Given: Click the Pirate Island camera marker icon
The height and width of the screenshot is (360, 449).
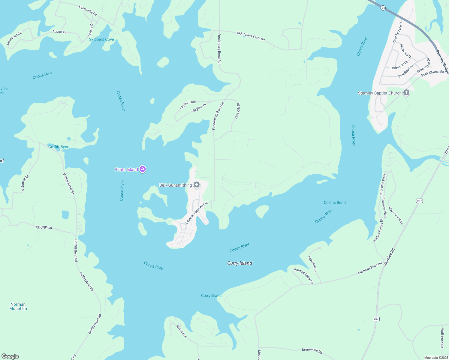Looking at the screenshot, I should click(143, 169).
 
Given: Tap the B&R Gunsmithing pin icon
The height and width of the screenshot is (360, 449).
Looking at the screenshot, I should click(197, 185).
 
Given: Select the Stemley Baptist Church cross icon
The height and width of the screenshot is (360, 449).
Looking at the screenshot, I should click(406, 93).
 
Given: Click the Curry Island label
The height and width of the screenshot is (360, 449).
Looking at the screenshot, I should click(240, 263).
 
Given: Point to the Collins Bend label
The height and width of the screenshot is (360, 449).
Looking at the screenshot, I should click(335, 202).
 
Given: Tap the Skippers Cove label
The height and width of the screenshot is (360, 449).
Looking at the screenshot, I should click(101, 39).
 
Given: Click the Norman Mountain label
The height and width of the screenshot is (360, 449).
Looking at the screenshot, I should click(18, 306).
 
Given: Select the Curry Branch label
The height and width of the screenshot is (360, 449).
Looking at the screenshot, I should click(212, 295).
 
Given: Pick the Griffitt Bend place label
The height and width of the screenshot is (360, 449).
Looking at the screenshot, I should click(59, 147).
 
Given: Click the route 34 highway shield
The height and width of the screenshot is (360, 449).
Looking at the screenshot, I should click(383, 8).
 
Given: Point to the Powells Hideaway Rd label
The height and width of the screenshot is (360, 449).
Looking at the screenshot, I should click(197, 212).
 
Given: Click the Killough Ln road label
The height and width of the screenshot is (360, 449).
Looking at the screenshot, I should click(44, 227).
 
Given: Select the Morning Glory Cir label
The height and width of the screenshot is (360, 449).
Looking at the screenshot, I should click(303, 276).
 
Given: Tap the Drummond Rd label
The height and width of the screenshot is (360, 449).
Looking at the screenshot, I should click(312, 350).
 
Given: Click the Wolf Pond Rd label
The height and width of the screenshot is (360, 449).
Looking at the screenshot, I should click(442, 338).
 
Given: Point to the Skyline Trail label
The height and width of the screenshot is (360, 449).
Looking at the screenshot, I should click(188, 104).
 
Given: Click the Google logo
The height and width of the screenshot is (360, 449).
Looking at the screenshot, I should click(10, 356).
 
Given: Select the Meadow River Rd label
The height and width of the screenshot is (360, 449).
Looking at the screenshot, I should click(370, 268).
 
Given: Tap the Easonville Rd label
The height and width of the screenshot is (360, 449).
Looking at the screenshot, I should click(88, 10).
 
